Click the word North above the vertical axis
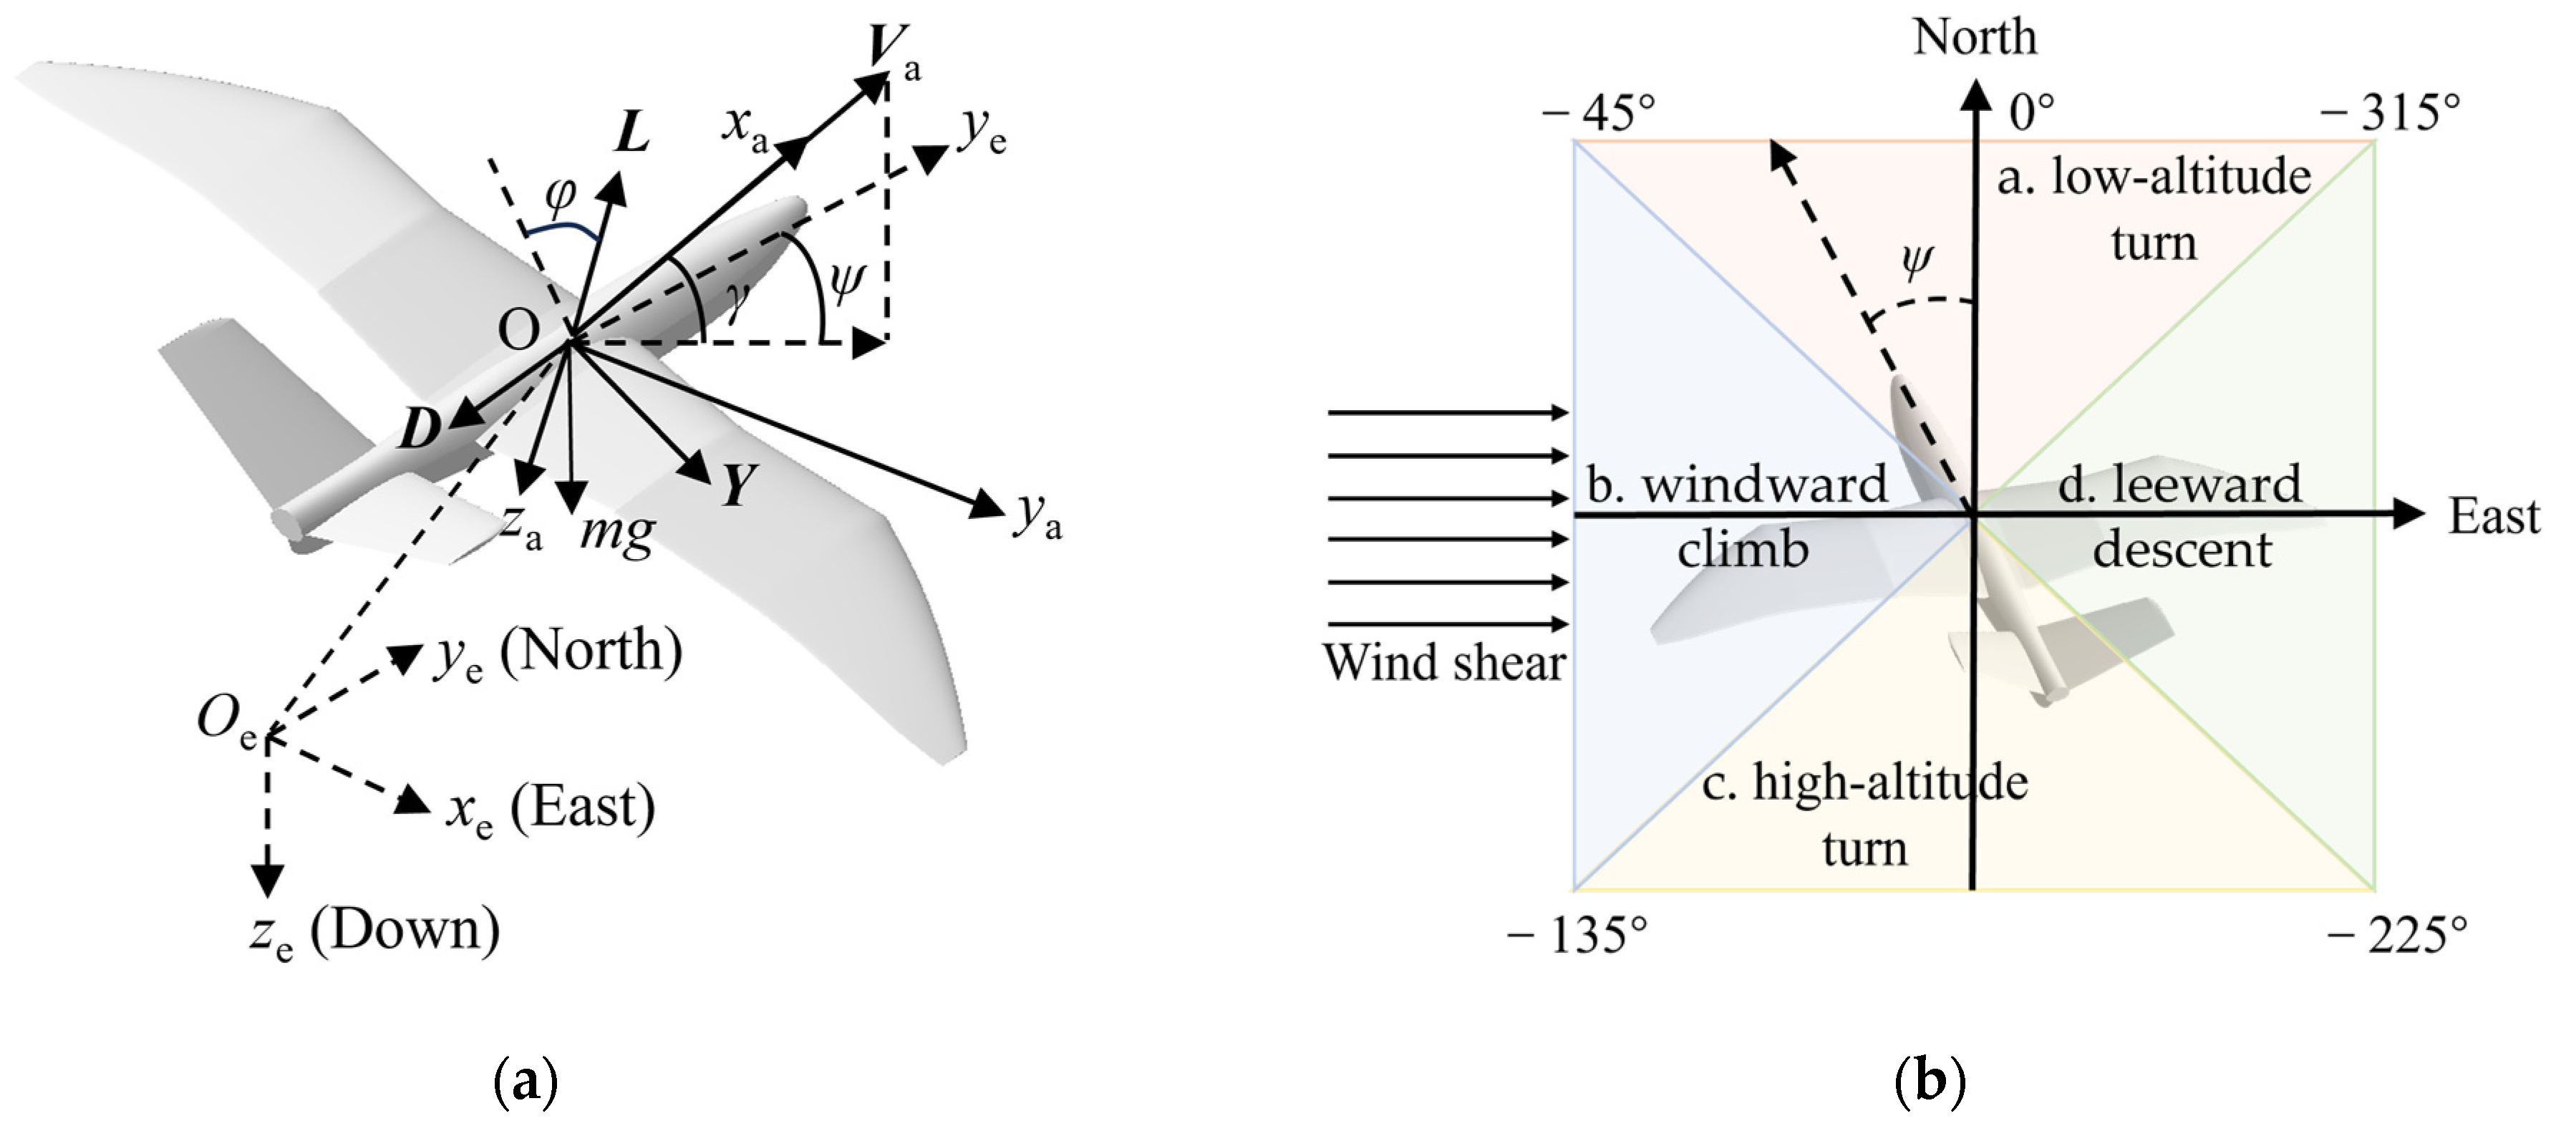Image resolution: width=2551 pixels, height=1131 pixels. tap(1975, 38)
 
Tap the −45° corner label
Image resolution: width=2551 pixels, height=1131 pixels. tap(1598, 114)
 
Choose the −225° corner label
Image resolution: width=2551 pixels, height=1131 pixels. tap(2396, 934)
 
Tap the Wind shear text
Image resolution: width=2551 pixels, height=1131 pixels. tap(1444, 664)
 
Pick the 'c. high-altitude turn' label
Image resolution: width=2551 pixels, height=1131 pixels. tap(1864, 814)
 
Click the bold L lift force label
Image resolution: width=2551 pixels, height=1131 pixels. tap(631, 132)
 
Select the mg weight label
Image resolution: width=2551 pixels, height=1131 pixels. tap(616, 533)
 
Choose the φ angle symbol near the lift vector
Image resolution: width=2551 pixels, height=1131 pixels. tap(561, 196)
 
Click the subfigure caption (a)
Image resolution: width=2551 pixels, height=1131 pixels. tap(525, 1082)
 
